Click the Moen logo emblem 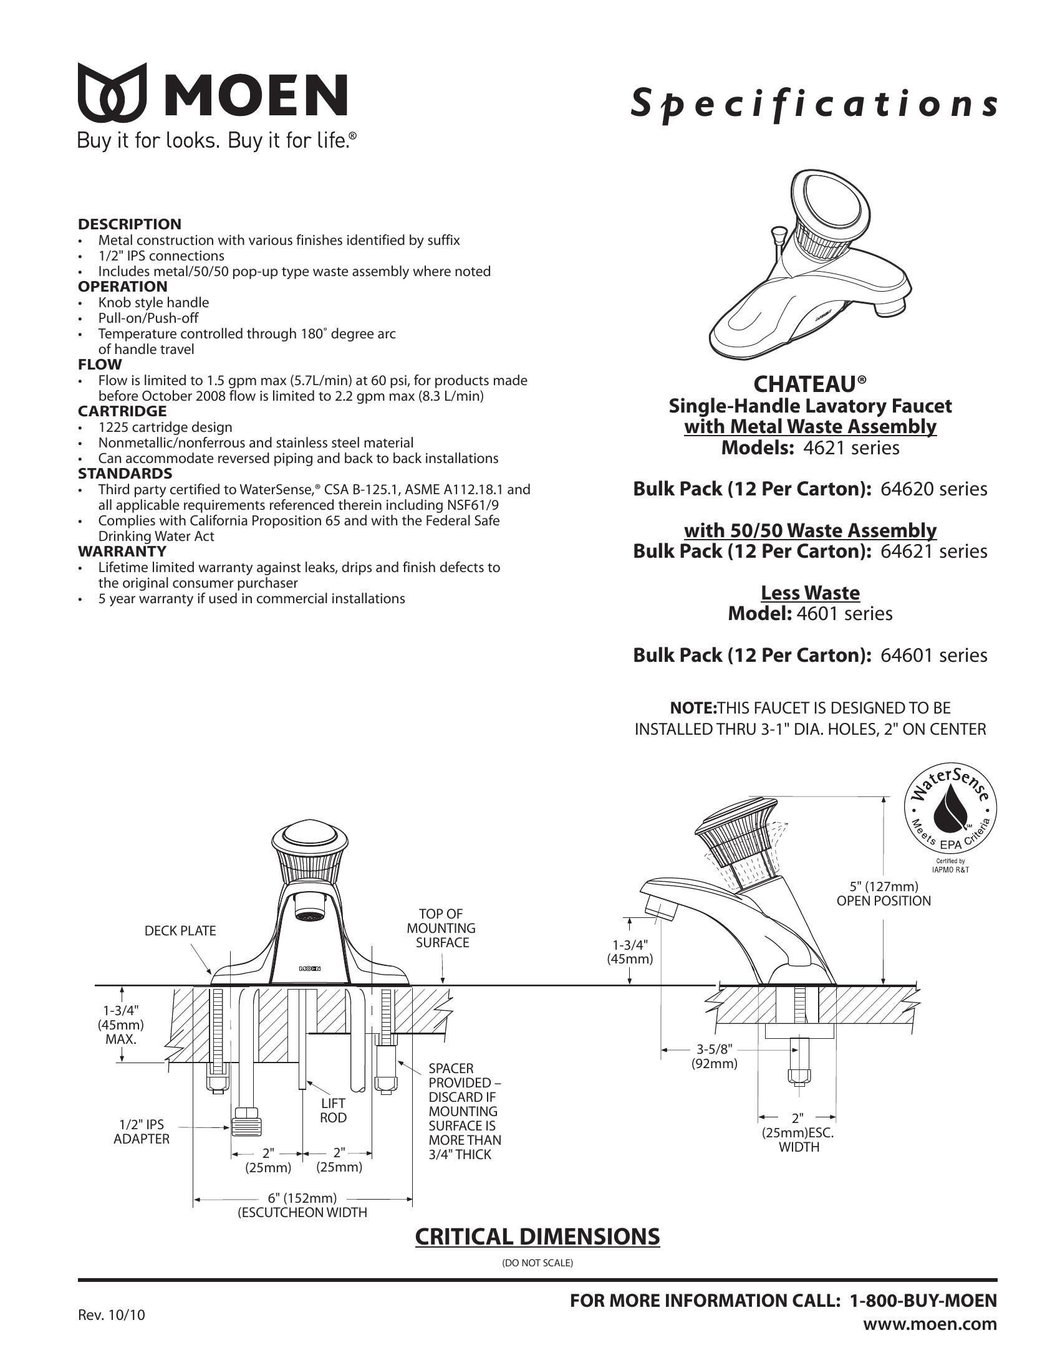[112, 92]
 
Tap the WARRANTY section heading [122, 552]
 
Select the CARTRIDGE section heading [122, 411]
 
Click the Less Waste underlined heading [810, 593]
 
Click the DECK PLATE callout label [180, 931]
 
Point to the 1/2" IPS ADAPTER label [142, 1131]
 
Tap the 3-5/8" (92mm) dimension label [715, 1056]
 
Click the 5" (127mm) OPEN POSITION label [884, 893]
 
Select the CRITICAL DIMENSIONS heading [537, 1236]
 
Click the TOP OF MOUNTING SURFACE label [441, 928]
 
